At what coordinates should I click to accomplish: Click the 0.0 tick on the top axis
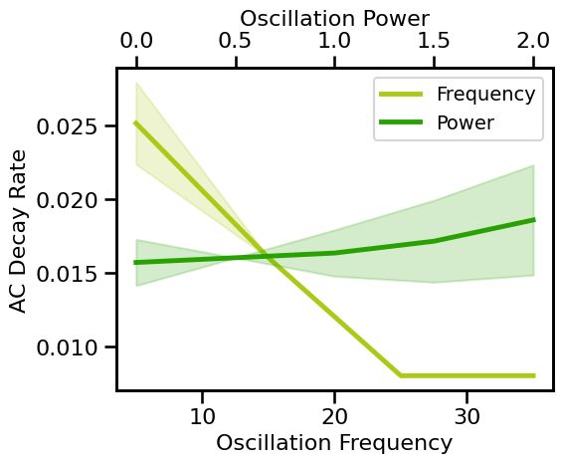[136, 42]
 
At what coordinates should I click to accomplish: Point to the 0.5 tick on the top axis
[236, 42]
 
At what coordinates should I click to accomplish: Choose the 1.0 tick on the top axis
[334, 42]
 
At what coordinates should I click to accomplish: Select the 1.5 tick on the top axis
[434, 42]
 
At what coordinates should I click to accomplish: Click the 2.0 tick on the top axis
[533, 42]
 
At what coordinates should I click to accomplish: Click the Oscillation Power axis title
[334, 17]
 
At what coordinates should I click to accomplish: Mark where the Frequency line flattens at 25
[401, 375]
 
